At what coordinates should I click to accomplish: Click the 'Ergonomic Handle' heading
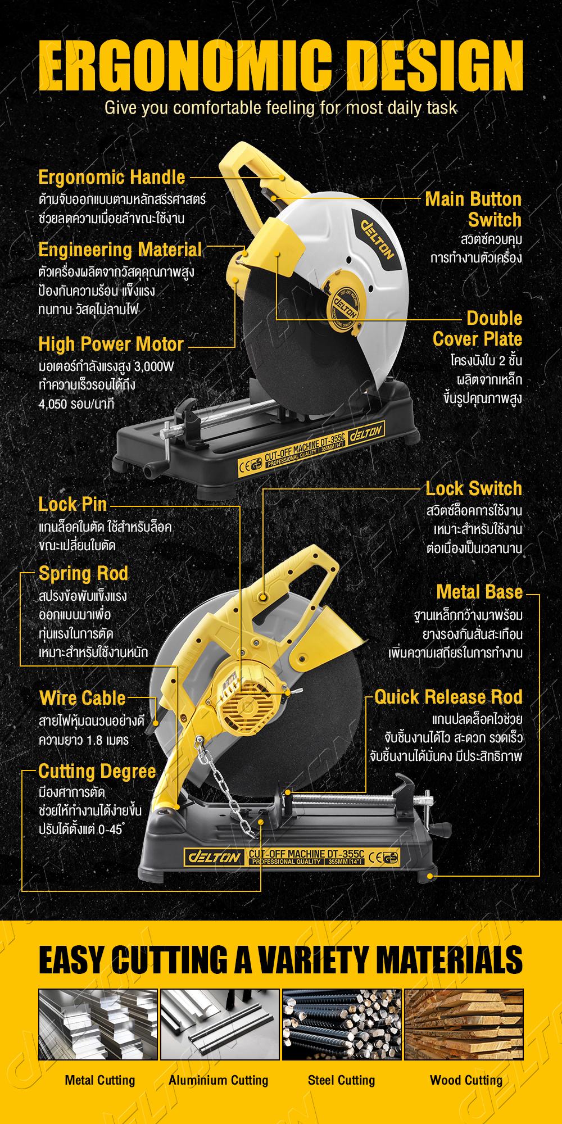(x=111, y=177)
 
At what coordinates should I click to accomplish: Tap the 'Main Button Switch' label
(x=473, y=209)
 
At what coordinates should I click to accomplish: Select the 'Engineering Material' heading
(x=120, y=250)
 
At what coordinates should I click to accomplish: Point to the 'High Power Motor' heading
(x=111, y=344)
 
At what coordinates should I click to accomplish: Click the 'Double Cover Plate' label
(x=477, y=329)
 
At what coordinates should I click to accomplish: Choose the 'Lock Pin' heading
(x=72, y=504)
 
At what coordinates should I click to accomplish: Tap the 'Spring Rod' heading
(x=83, y=573)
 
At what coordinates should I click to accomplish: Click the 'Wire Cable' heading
(x=82, y=698)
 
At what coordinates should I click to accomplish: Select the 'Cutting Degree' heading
(x=97, y=772)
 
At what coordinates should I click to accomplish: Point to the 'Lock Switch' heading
(x=474, y=488)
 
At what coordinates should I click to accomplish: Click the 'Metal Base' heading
(x=479, y=592)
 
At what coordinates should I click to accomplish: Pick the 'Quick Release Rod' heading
(x=448, y=697)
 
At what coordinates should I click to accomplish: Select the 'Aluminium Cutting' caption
(x=219, y=1080)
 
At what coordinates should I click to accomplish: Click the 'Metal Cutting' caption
(x=100, y=1080)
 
